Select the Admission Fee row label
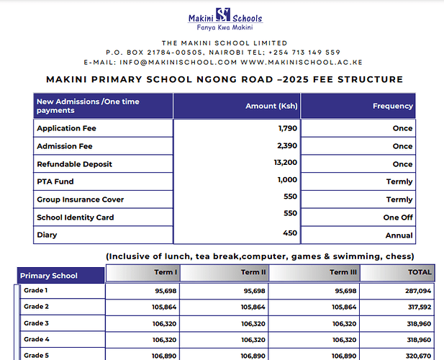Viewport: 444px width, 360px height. pos(65,146)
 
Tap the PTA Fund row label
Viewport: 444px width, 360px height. pos(55,181)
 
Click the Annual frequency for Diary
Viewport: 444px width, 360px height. pos(399,235)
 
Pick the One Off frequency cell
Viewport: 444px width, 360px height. pos(398,217)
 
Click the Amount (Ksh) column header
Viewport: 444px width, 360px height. pos(271,106)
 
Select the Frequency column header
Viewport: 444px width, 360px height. pos(392,106)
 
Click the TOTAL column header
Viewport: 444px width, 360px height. pos(420,272)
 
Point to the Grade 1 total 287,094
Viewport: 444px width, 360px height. pos(417,291)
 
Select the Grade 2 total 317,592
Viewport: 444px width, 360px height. pos(417,307)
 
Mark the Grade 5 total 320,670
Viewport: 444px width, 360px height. pos(417,356)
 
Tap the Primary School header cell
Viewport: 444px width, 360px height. pos(48,276)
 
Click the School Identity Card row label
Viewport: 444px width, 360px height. pos(76,217)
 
